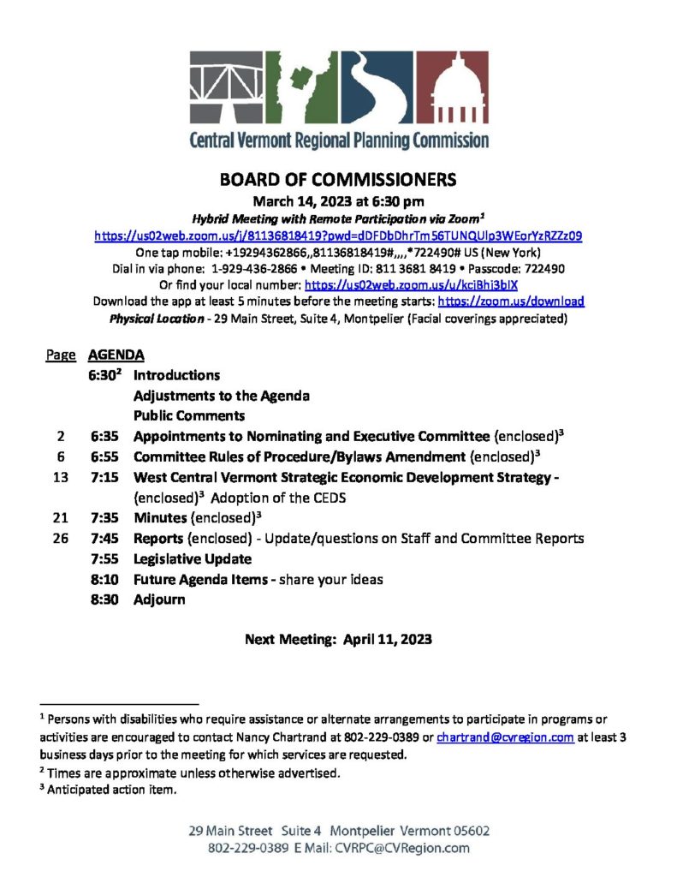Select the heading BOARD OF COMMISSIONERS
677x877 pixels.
tap(338, 181)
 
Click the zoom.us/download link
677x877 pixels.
tap(511, 301)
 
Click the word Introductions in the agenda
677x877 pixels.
tap(176, 375)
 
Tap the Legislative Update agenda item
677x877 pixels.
tap(192, 558)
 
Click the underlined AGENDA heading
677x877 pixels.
tap(116, 355)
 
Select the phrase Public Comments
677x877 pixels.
tap(188, 416)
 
